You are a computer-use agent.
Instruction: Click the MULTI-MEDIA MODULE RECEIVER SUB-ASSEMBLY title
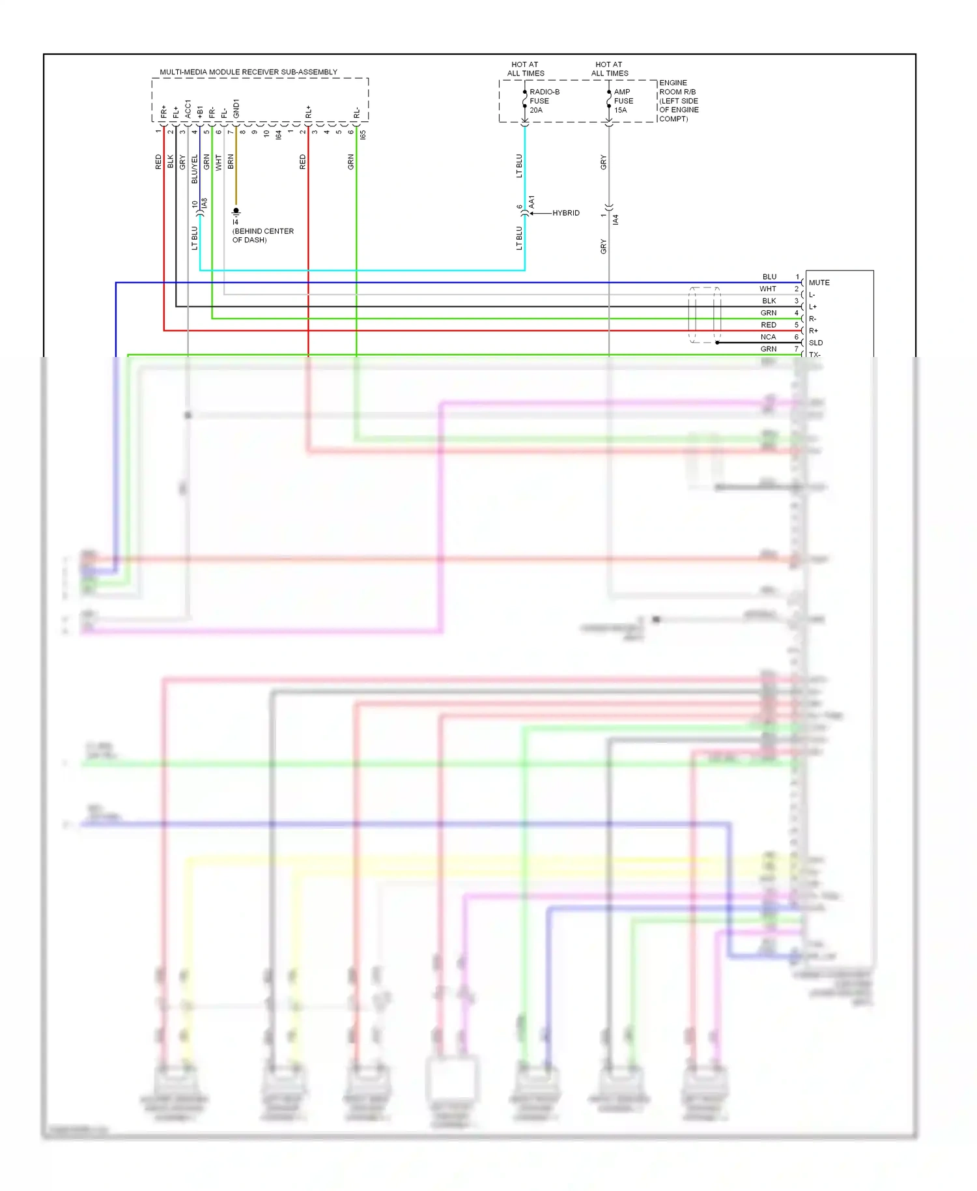pyautogui.click(x=248, y=72)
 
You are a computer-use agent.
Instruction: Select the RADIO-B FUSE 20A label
pyautogui.click(x=544, y=101)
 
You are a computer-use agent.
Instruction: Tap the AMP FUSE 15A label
pyautogui.click(x=623, y=101)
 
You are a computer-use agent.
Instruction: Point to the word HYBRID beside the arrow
pyautogui.click(x=565, y=213)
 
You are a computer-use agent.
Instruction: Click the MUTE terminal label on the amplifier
pyautogui.click(x=819, y=283)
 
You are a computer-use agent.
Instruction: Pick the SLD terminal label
pyautogui.click(x=815, y=343)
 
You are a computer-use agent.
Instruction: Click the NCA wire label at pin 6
pyautogui.click(x=768, y=337)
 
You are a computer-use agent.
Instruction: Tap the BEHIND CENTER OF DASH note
pyautogui.click(x=262, y=235)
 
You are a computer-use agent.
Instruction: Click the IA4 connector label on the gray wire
pyautogui.click(x=616, y=220)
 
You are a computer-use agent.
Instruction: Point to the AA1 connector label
pyautogui.click(x=531, y=202)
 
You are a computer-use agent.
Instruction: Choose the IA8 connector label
pyautogui.click(x=205, y=204)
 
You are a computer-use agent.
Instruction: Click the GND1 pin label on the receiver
pyautogui.click(x=236, y=109)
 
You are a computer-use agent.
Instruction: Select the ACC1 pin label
pyautogui.click(x=188, y=109)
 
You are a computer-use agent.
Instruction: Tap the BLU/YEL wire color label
pyautogui.click(x=194, y=169)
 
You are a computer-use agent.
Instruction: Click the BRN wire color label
pyautogui.click(x=231, y=162)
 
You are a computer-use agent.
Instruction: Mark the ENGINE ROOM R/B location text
pyautogui.click(x=679, y=100)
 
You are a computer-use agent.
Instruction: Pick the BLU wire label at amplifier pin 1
pyautogui.click(x=769, y=277)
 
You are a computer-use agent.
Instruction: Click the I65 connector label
pyautogui.click(x=363, y=134)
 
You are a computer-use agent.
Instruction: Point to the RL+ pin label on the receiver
pyautogui.click(x=308, y=112)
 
